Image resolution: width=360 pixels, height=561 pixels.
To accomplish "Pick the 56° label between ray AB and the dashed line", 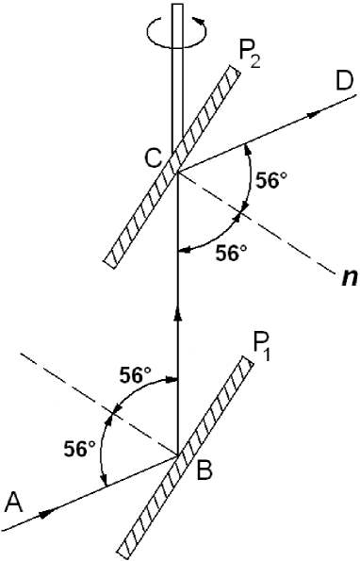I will [x=80, y=444].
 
